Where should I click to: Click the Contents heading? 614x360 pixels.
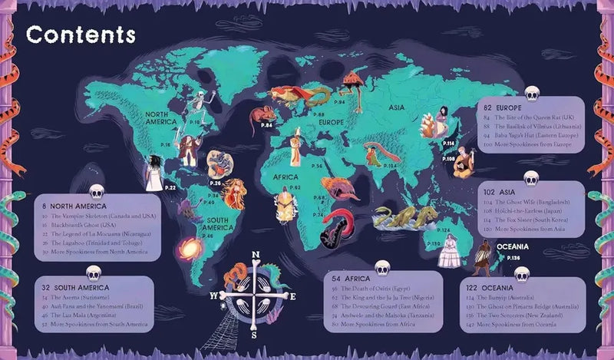(x=80, y=35)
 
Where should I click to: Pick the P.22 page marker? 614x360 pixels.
(x=170, y=187)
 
